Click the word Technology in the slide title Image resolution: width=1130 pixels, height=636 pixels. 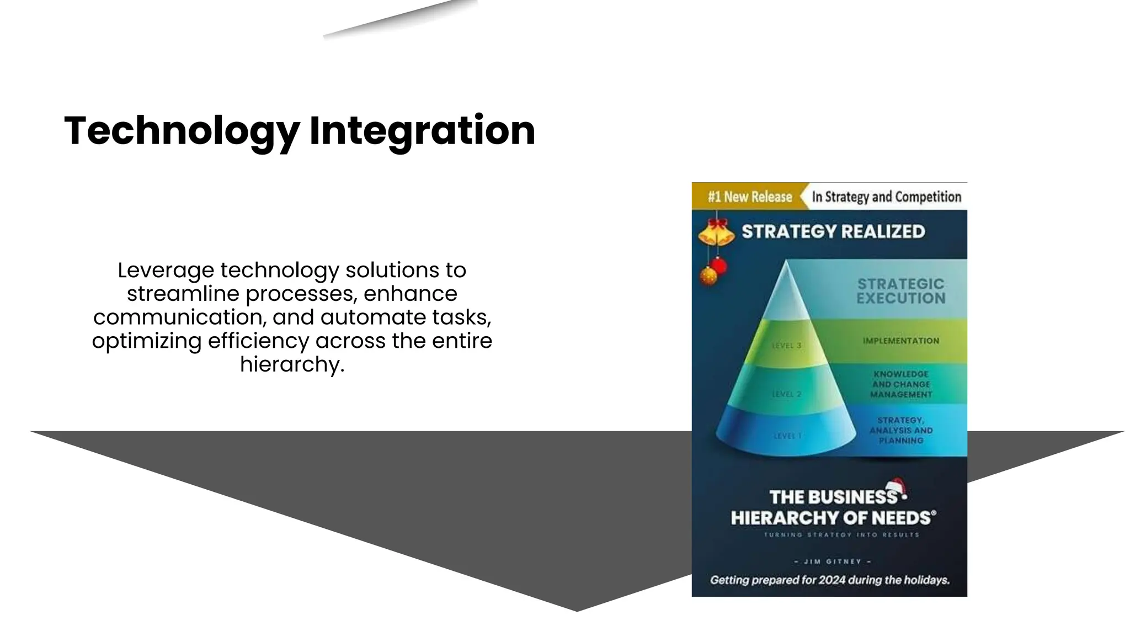(x=182, y=131)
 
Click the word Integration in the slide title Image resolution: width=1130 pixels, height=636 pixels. (x=422, y=131)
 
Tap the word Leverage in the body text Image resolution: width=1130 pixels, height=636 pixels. (x=166, y=271)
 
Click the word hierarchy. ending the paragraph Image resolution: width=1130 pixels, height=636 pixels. (x=292, y=364)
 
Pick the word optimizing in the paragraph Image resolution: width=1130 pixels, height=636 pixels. (x=146, y=341)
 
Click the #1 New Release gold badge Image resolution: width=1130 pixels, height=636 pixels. (x=749, y=197)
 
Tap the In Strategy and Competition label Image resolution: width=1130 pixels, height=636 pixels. (x=886, y=197)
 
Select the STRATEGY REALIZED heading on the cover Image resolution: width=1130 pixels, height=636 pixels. (x=833, y=231)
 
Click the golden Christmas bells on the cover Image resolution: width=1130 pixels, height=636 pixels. (x=716, y=232)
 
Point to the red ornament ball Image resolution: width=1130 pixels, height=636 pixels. (x=719, y=266)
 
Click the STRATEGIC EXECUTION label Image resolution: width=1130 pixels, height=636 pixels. (x=900, y=291)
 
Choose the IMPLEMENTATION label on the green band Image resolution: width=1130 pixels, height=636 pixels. (x=901, y=341)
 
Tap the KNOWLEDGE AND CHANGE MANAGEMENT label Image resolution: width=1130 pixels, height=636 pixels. (x=901, y=384)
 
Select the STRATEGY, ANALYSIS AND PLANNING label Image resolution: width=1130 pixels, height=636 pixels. (x=901, y=430)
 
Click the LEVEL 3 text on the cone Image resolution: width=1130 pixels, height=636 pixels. (x=786, y=346)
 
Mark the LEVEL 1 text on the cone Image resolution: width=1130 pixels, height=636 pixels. (x=787, y=436)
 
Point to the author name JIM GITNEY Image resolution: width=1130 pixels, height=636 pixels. (x=832, y=561)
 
